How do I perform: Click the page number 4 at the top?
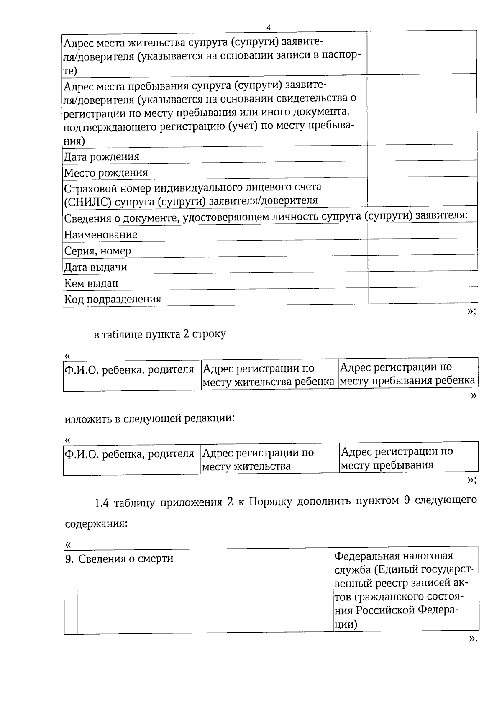(269, 27)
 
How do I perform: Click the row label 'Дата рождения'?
(101, 157)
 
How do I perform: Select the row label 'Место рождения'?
(105, 173)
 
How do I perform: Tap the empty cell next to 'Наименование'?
(423, 231)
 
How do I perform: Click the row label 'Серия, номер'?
(97, 251)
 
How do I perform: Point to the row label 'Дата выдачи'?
(95, 267)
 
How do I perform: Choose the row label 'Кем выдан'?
(91, 283)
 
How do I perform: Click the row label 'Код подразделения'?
(112, 299)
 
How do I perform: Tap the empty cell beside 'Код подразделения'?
(423, 295)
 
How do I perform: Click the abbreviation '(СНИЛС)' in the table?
(87, 201)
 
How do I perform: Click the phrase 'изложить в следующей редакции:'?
(149, 418)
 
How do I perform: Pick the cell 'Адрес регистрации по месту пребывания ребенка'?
(407, 374)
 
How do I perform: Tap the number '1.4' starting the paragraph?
(102, 502)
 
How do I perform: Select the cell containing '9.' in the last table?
(70, 559)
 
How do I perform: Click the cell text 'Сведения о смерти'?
(126, 559)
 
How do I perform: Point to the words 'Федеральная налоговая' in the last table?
(393, 556)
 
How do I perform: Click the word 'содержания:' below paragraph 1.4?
(96, 524)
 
